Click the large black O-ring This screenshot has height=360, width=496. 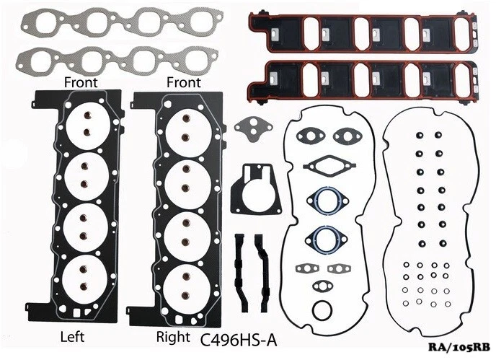pos(322,311)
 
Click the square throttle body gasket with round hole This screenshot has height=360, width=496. pos(255,188)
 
